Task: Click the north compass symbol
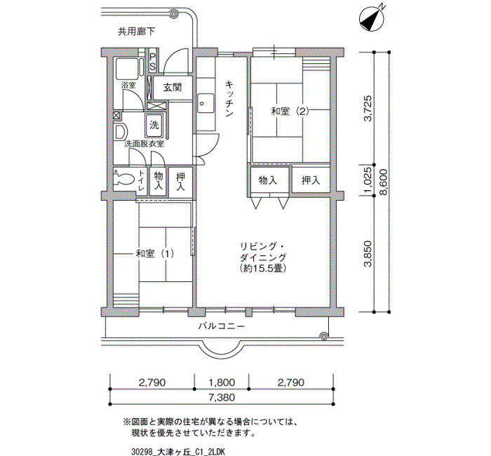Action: click(371, 18)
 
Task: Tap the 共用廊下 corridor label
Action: click(137, 32)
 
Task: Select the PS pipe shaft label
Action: click(152, 62)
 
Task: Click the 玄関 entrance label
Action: click(173, 87)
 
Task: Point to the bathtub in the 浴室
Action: click(128, 69)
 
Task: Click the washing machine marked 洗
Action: click(154, 125)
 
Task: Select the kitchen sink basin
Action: click(206, 104)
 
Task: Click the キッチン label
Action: click(229, 99)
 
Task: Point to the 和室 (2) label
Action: click(290, 112)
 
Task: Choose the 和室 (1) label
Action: click(155, 253)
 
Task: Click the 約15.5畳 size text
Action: click(263, 269)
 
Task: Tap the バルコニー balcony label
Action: click(222, 326)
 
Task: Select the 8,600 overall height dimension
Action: click(383, 182)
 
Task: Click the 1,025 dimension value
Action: click(368, 180)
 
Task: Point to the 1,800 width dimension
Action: click(222, 382)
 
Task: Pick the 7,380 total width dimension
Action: click(222, 398)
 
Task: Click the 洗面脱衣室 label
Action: click(144, 144)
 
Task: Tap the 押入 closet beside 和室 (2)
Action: click(311, 180)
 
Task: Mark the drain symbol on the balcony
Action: click(324, 336)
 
